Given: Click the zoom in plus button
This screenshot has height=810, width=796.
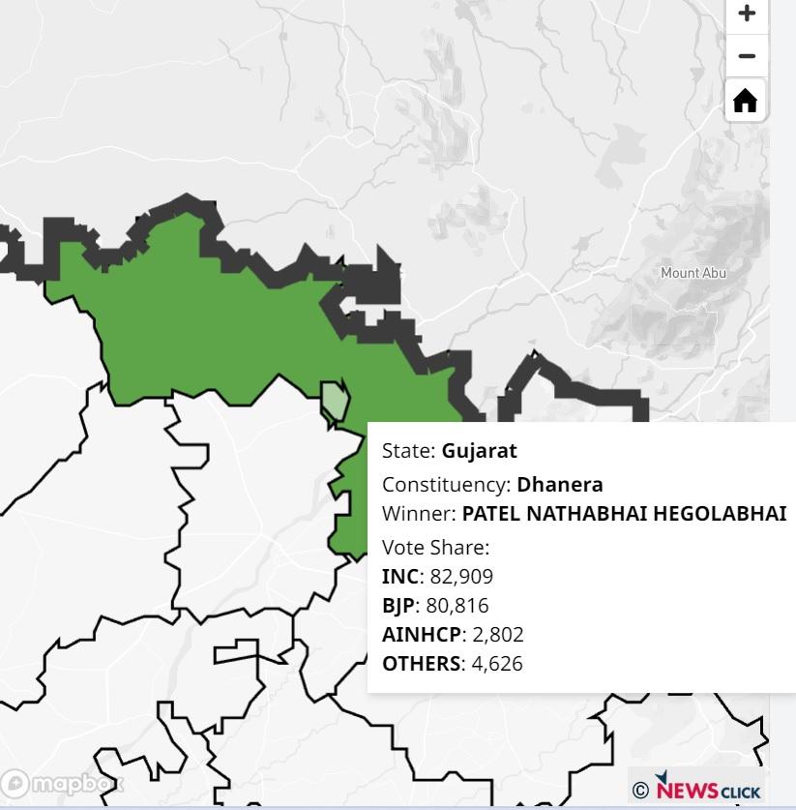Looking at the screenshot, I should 746,14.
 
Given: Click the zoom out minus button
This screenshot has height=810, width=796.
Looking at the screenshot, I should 746,56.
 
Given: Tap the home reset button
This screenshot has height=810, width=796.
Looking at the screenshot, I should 746,100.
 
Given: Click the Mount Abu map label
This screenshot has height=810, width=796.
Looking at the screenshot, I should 693,273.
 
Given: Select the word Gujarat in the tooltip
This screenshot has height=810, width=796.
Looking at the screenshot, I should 479,451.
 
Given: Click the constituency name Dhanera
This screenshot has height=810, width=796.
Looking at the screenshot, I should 559,484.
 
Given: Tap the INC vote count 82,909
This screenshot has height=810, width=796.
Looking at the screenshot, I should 461,577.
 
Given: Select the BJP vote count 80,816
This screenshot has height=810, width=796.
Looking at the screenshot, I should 457,606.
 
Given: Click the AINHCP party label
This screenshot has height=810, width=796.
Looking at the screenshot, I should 421,635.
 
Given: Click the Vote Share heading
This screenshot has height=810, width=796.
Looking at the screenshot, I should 435,547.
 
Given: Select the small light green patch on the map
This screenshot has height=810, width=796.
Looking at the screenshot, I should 335,399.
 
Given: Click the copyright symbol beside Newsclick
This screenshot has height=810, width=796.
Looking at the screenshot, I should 640,792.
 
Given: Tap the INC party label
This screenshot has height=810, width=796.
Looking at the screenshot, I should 400,577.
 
